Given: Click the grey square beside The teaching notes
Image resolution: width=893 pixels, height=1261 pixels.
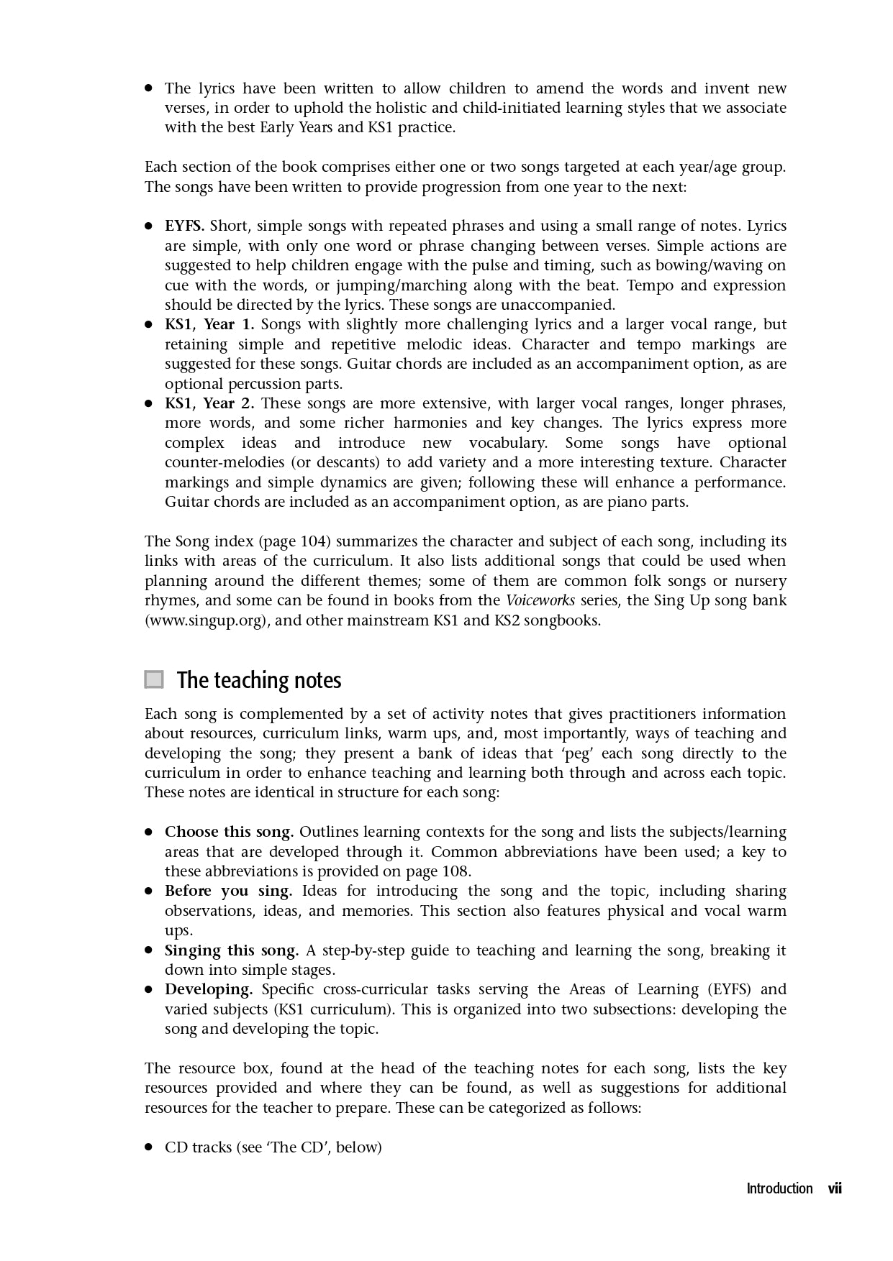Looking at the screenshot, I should click(154, 679).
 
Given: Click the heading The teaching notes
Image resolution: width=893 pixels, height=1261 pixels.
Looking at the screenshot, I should click(259, 680).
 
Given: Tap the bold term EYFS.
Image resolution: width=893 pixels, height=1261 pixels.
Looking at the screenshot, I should click(184, 226).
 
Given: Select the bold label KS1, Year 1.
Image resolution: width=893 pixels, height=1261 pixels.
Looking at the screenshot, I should click(209, 324).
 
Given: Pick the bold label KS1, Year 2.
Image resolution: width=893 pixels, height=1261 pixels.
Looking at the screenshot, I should click(209, 403).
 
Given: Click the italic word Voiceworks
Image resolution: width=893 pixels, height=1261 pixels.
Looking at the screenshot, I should click(540, 600).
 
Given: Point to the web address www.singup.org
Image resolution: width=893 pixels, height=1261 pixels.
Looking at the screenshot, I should click(207, 620).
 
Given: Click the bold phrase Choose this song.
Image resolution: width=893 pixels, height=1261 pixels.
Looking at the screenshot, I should click(229, 832).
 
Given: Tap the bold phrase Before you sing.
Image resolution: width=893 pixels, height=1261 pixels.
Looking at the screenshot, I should click(228, 891).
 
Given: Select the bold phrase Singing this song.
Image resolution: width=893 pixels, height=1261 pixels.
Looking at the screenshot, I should click(231, 950).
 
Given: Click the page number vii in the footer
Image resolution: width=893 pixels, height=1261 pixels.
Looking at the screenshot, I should click(834, 1188).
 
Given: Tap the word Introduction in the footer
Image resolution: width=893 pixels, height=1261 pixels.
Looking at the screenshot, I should click(779, 1188).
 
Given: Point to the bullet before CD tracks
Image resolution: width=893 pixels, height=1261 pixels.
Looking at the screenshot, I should click(149, 1147).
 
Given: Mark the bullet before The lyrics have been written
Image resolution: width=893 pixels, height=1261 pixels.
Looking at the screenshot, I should click(149, 88).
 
